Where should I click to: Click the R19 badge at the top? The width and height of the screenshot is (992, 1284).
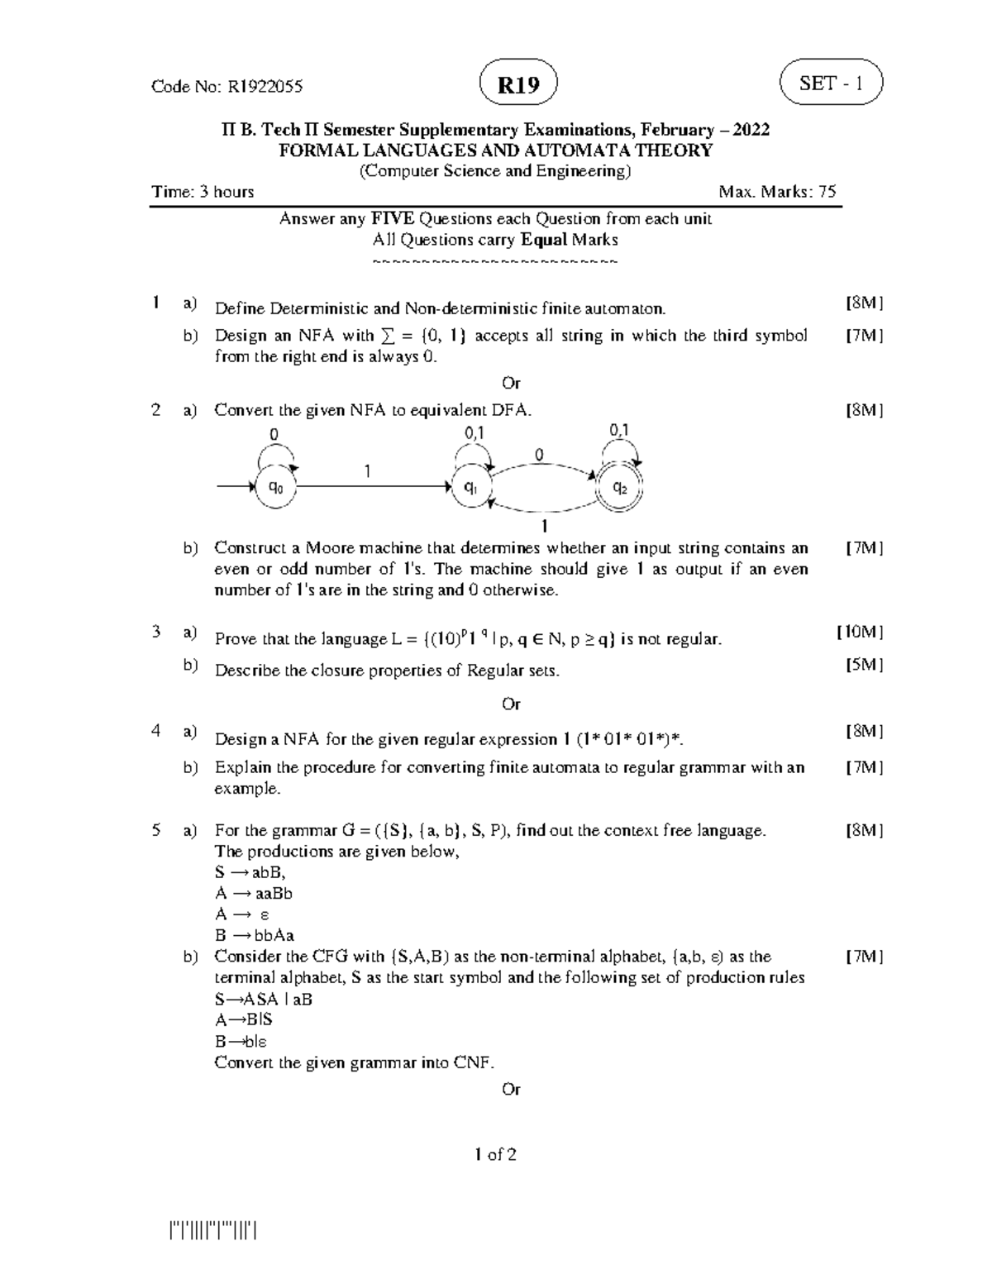(x=517, y=85)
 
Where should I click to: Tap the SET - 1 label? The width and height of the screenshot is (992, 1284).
(x=831, y=84)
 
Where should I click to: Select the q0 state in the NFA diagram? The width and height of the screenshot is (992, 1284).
(x=276, y=488)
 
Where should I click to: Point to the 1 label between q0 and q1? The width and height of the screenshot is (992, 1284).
(x=368, y=470)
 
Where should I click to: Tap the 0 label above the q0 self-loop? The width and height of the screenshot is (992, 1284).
(x=274, y=434)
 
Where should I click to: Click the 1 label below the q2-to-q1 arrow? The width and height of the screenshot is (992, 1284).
(x=545, y=526)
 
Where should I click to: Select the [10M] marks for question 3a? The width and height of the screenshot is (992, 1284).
(x=861, y=632)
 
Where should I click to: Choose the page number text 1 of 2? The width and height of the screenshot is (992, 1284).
(x=495, y=1155)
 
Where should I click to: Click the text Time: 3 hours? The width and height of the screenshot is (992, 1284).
(x=203, y=192)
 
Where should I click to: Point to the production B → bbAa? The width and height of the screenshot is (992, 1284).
(x=255, y=935)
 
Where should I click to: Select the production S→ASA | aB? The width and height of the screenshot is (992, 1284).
(x=264, y=999)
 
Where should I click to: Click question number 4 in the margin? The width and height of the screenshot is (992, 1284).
(x=156, y=731)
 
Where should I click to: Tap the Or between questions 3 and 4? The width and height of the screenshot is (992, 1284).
(x=511, y=704)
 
